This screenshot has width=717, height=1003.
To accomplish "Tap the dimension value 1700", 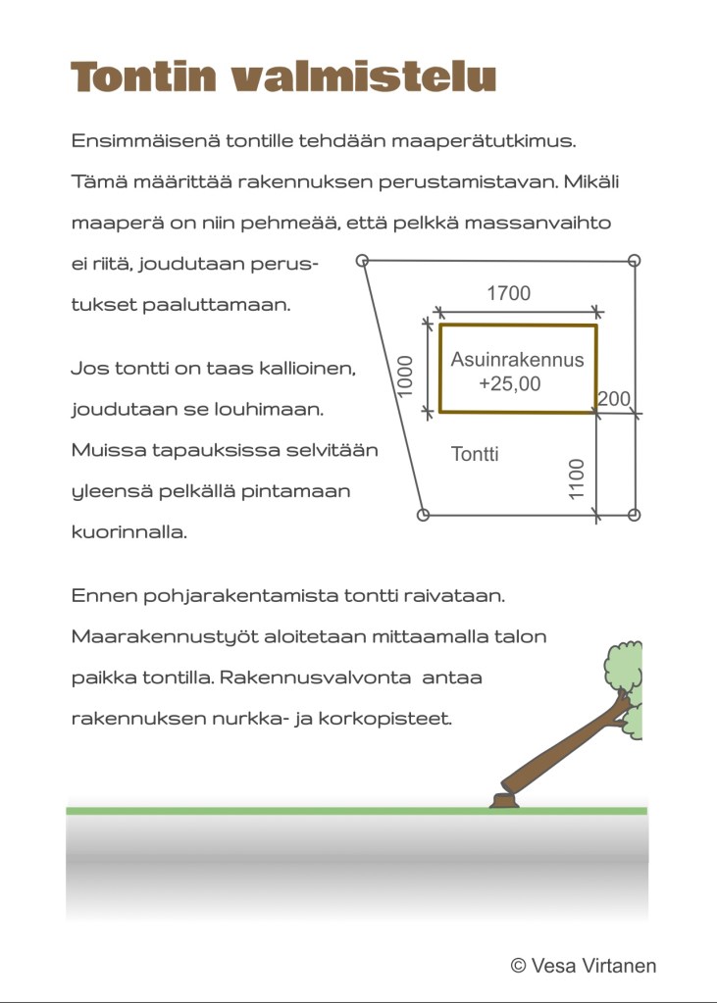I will [x=508, y=293].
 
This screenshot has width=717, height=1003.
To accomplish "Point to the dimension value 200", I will [x=613, y=399].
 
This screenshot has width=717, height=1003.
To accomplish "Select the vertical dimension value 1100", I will [x=577, y=477].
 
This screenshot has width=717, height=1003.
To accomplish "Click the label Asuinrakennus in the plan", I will [x=517, y=360].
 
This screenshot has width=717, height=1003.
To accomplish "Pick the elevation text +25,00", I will [x=509, y=384].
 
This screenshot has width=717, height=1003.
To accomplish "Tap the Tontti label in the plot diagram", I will [x=475, y=454].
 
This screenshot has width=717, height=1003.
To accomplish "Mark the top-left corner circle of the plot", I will [x=362, y=261].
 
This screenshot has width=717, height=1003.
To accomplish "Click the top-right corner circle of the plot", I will [x=634, y=261].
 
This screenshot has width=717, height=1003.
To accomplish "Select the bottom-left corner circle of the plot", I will [x=424, y=515].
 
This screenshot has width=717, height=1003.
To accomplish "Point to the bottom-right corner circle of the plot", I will [x=634, y=515].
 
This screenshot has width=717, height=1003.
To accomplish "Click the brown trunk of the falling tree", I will [x=564, y=750].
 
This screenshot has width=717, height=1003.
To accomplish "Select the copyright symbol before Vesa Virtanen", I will [x=519, y=966].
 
